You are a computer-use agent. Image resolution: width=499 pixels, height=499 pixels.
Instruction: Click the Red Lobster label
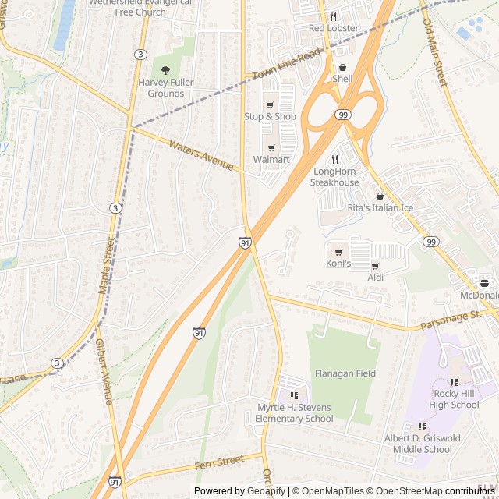point(333,28)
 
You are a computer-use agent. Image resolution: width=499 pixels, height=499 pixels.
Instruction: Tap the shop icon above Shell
point(342,68)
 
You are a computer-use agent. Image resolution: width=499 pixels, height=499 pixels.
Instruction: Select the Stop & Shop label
point(270,116)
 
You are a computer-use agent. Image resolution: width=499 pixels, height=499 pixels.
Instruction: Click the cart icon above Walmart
point(271,148)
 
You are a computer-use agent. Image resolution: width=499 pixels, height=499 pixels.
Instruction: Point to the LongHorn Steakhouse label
point(334,177)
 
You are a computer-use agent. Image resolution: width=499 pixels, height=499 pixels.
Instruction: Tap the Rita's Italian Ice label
point(380,207)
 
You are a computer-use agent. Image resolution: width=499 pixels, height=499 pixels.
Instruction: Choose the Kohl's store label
point(338,264)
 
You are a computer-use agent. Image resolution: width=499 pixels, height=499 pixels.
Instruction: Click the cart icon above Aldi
point(375,267)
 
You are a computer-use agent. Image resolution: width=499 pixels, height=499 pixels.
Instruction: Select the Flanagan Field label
point(345,373)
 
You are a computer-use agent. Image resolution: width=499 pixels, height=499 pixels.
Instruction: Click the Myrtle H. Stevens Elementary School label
point(294,413)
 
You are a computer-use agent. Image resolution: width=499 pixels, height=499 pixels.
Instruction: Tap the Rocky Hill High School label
point(454,399)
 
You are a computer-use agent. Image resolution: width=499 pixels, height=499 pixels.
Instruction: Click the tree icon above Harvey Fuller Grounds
point(165,70)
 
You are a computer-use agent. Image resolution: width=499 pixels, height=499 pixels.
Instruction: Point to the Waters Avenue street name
point(201,155)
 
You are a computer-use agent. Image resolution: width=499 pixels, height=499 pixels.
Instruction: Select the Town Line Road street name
point(287,64)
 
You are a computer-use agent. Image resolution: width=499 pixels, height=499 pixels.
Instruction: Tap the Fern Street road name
point(220,463)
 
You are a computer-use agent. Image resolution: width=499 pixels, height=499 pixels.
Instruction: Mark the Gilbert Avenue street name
point(104,371)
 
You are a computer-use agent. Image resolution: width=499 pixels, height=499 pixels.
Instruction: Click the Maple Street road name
point(107,266)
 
